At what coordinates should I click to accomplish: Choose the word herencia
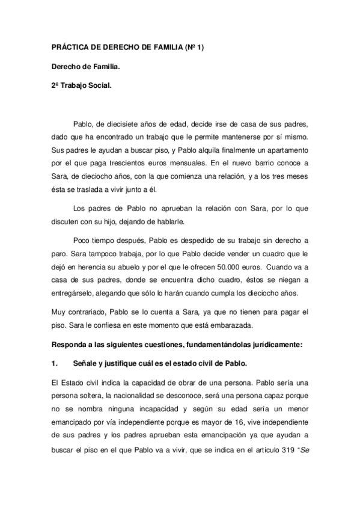(100, 268)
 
